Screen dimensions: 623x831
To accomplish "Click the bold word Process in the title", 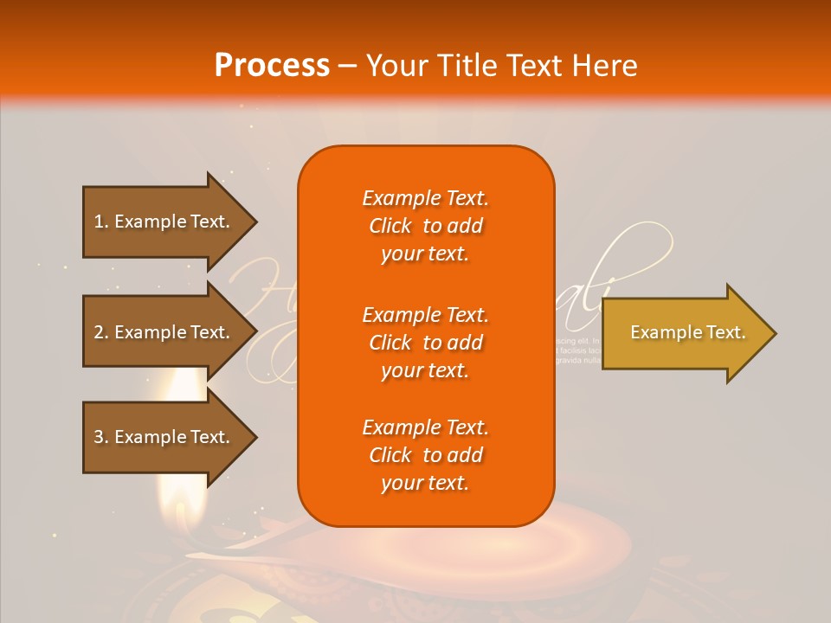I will click(272, 66).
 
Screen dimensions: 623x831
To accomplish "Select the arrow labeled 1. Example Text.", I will click(164, 222).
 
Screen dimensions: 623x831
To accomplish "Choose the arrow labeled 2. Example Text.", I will click(164, 332).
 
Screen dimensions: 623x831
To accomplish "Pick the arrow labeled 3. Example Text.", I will click(164, 437).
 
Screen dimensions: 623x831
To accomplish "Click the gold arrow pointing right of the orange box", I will click(684, 333).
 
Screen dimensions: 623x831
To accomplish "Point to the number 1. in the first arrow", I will click(100, 222).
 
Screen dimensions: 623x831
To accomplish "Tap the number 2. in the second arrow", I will click(100, 332).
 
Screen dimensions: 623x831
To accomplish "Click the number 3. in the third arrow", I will click(100, 437).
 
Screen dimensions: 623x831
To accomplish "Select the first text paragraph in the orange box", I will click(425, 226).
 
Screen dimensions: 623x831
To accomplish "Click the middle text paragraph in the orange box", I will click(425, 343).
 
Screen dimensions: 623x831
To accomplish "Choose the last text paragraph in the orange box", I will click(425, 455).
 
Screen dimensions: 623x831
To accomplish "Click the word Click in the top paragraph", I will click(390, 226).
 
